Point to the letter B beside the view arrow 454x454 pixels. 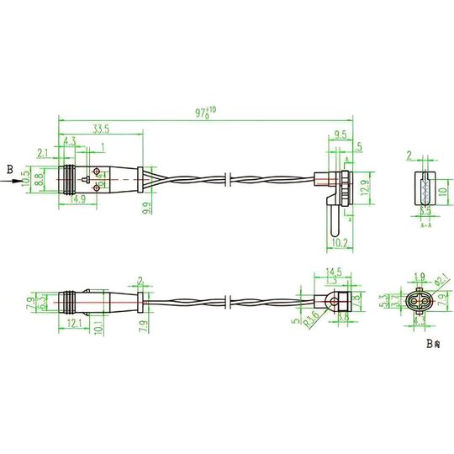[x=10, y=171]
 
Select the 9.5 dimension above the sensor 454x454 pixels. [x=340, y=134]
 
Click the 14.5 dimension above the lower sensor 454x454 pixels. [x=335, y=272]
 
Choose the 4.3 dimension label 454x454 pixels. [x=71, y=141]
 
